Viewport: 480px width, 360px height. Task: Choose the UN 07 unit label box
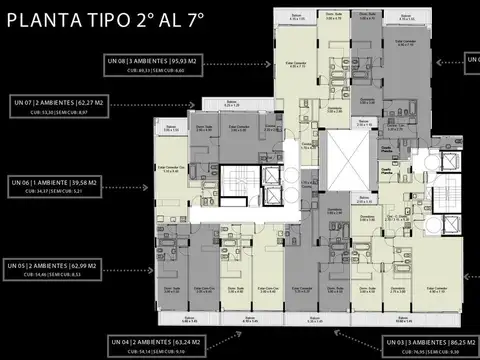click(60, 102)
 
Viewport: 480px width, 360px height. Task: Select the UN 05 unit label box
click(56, 266)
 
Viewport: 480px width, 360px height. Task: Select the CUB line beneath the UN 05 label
click(56, 276)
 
